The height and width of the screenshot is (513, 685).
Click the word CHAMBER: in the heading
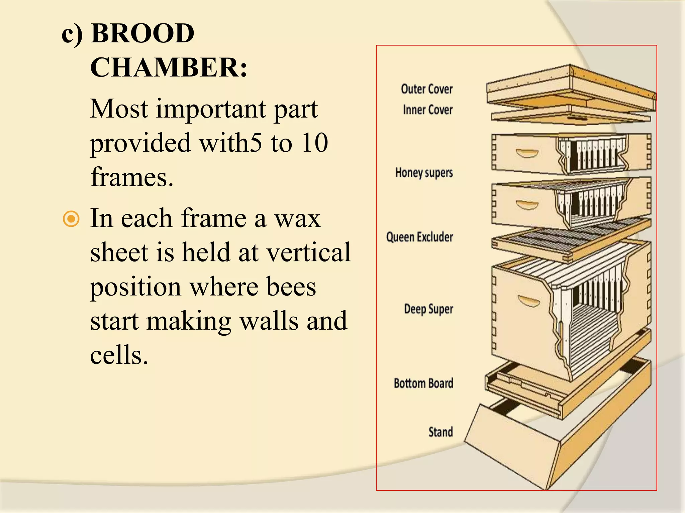[169, 67]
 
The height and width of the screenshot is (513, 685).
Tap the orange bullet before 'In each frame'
[71, 219]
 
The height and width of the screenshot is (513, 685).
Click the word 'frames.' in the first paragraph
[132, 177]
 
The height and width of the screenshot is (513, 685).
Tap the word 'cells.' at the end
[119, 355]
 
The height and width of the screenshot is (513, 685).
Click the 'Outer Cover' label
[427, 89]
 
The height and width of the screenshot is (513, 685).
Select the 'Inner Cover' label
[428, 110]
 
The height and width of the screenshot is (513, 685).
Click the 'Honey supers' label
[424, 173]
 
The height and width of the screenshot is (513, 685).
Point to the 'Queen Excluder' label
[419, 237]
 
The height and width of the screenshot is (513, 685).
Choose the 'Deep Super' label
[428, 309]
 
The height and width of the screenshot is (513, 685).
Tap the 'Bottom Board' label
[423, 383]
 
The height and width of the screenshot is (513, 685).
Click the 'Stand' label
[441, 432]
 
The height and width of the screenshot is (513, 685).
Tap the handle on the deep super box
[529, 301]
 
